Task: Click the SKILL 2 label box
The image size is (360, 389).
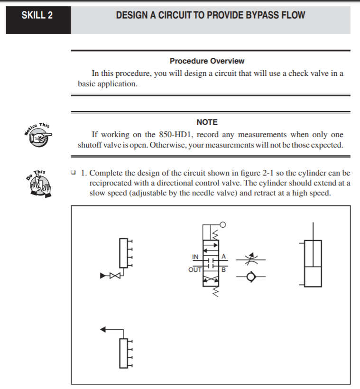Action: point(37,16)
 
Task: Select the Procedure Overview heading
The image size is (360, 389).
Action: point(207,61)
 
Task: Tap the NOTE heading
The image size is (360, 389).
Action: point(207,122)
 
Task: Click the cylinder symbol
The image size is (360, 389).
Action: point(313,263)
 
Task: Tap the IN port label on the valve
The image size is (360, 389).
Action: point(195,257)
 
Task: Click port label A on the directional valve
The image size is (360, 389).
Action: point(224,257)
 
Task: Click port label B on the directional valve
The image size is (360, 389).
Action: point(224,269)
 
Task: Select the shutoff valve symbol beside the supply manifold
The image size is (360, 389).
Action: point(112,276)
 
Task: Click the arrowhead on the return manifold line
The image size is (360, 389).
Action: point(103,328)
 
